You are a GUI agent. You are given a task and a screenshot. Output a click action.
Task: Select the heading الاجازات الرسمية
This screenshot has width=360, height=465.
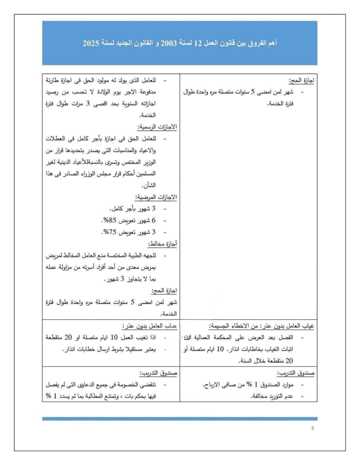[157, 127]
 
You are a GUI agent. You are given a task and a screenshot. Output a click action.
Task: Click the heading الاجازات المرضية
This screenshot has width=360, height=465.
[156, 197]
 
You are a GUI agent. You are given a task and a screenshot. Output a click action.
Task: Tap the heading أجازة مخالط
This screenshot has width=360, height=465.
[163, 244]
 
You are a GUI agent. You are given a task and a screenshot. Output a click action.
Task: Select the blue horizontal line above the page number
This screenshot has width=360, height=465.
[180, 419]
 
